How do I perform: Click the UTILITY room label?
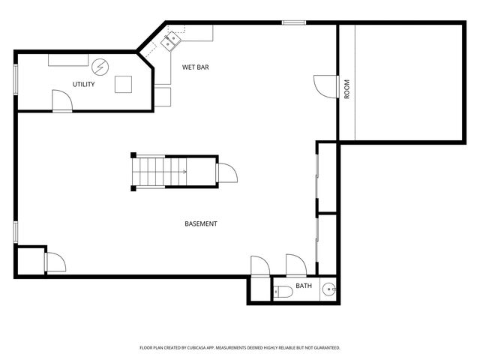[83, 84]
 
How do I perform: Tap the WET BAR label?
[196, 67]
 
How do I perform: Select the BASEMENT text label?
[201, 223]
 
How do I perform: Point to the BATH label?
[304, 286]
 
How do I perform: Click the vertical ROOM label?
[346, 89]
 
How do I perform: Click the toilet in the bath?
[283, 291]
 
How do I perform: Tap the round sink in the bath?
[329, 289]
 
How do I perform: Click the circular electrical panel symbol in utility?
[100, 67]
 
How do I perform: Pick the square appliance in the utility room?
[123, 84]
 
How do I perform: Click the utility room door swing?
[62, 100]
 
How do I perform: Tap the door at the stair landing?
[226, 173]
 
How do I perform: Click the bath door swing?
[296, 265]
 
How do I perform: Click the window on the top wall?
[294, 22]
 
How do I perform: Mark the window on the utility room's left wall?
[16, 79]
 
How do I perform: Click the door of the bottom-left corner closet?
[55, 262]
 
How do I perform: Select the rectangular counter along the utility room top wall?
[68, 60]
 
